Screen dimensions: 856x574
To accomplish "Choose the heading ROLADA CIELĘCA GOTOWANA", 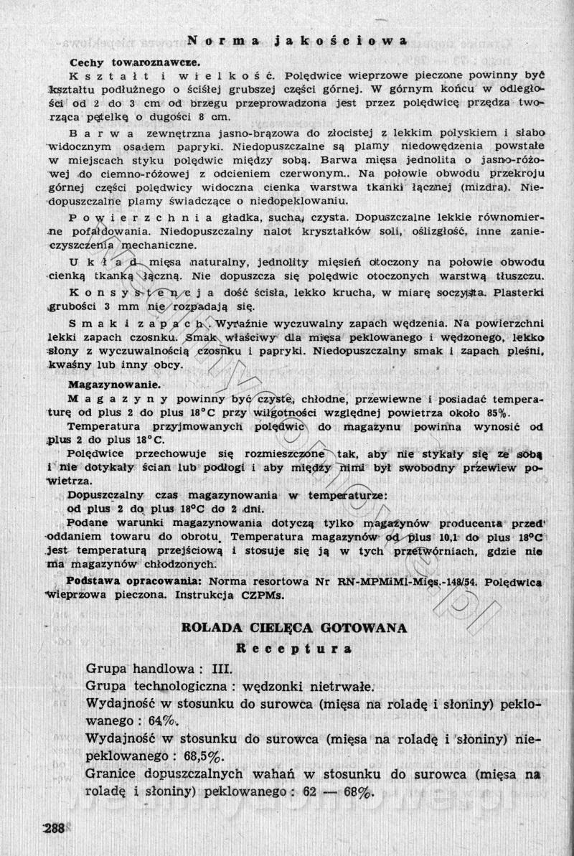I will pos(294,628).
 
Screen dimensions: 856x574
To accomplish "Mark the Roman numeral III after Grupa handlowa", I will pos(222,669).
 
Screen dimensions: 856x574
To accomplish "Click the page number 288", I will pos(54,829).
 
